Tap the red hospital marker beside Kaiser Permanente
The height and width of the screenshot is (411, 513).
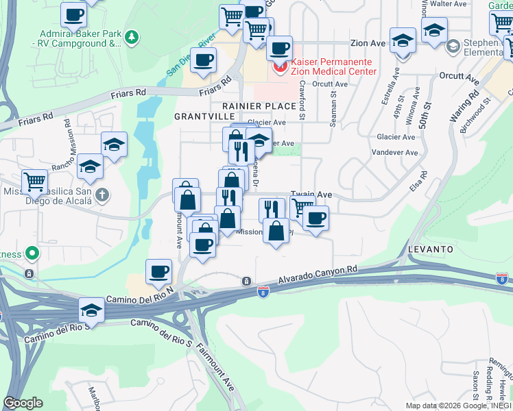pos(279,66)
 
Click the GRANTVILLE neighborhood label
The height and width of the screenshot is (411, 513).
pos(200,116)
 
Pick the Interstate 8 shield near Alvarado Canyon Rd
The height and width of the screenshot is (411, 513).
pos(263,292)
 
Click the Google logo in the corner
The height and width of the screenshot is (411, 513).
pos(23,403)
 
